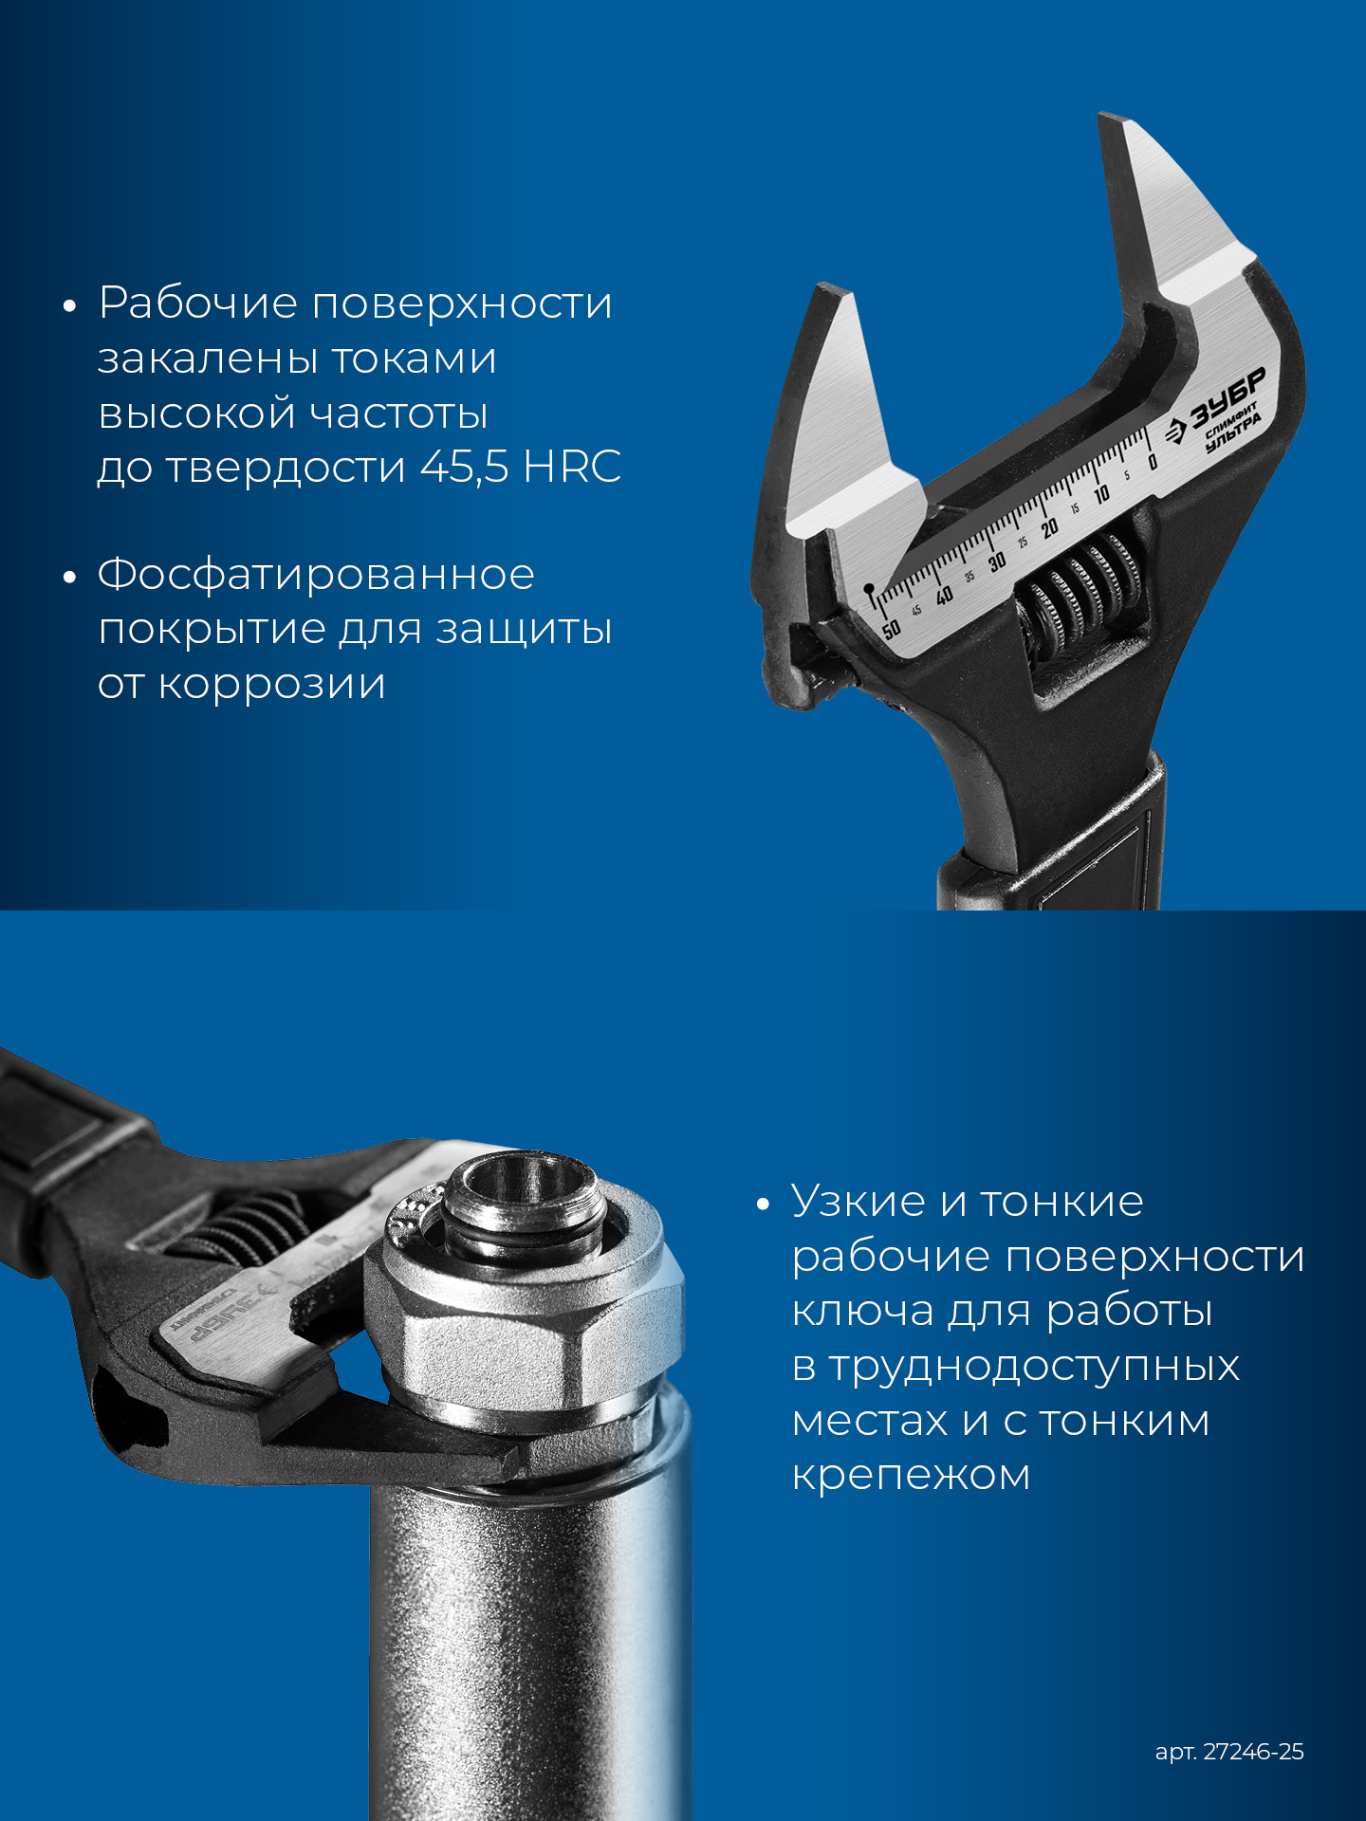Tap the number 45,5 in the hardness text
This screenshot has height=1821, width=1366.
[x=465, y=467]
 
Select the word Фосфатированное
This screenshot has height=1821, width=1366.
[x=316, y=576]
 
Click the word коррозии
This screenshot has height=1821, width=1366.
[x=271, y=685]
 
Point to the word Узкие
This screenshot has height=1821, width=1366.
[x=858, y=1202]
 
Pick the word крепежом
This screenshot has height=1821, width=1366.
[x=911, y=1476]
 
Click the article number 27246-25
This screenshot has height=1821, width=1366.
[x=1253, y=1752]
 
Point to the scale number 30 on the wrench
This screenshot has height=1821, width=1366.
[x=997, y=562]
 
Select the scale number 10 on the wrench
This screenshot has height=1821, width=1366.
[x=1101, y=495]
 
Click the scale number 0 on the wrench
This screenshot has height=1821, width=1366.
[x=1153, y=462]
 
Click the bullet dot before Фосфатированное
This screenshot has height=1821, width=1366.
[x=69, y=578]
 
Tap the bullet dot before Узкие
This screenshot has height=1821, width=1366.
[x=764, y=1205]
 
